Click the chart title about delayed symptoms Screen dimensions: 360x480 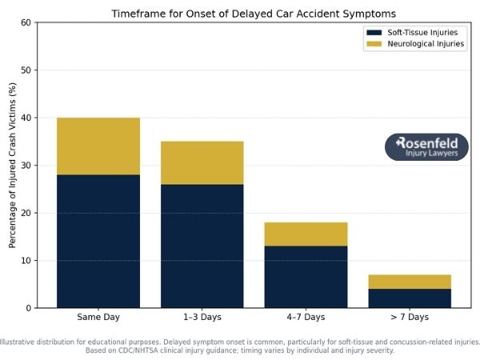click(x=254, y=14)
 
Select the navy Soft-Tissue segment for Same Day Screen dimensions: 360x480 click(x=98, y=241)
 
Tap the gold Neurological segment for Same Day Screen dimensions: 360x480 click(x=98, y=146)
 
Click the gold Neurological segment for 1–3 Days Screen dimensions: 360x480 click(x=202, y=162)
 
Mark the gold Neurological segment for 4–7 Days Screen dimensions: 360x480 click(x=306, y=234)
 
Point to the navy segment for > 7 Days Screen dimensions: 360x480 click(x=410, y=298)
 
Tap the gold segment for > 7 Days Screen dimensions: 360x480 click(x=410, y=282)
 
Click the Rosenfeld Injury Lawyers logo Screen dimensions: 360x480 click(x=426, y=147)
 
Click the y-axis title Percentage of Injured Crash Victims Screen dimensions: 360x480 click(x=12, y=166)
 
